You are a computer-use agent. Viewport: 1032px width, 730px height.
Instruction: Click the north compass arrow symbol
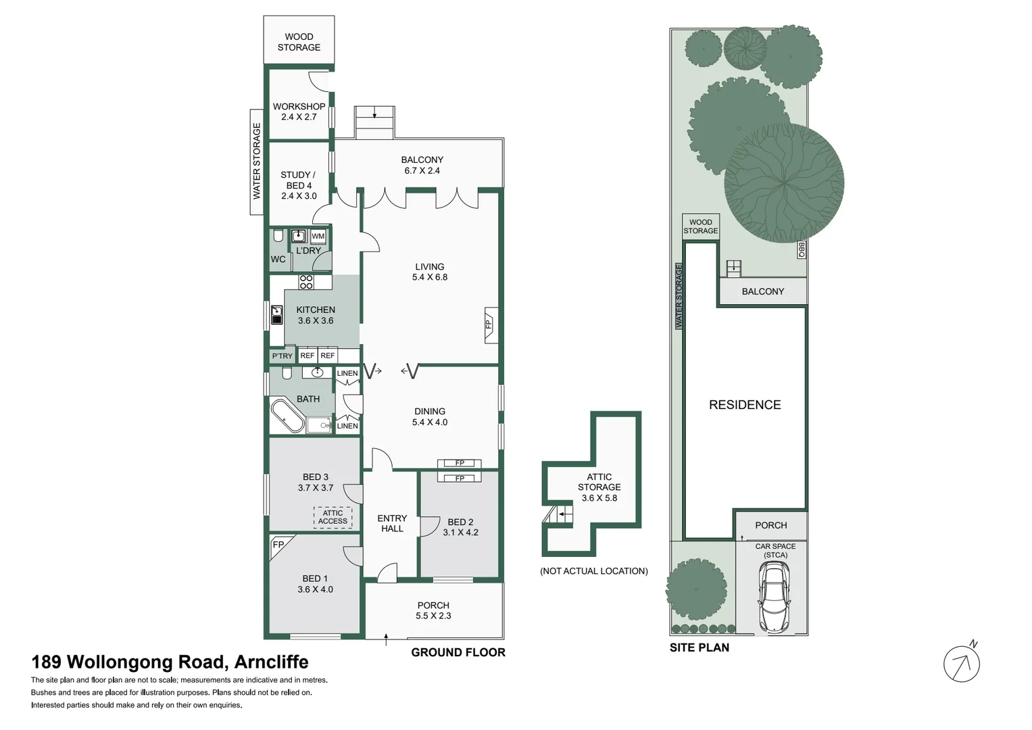(961, 664)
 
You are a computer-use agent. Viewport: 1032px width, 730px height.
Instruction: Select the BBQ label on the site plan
(802, 249)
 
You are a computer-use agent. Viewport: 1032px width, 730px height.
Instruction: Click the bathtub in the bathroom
(287, 416)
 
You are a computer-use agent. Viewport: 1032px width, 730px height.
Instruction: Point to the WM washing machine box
(318, 236)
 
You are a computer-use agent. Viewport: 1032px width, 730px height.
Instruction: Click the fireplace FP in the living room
(489, 324)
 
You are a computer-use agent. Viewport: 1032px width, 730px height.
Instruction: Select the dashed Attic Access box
(333, 517)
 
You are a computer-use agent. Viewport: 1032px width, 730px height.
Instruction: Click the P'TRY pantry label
(282, 356)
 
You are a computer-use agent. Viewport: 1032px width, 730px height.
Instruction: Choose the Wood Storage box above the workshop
(299, 41)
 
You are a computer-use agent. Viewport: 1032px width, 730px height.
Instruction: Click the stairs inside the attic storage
(558, 517)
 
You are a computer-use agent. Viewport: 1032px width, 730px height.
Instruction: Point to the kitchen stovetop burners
(306, 282)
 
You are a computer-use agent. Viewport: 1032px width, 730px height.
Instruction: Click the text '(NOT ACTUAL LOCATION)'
(593, 571)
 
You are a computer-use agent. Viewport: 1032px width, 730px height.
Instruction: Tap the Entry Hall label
(392, 523)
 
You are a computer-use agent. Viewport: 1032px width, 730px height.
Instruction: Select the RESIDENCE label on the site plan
(744, 405)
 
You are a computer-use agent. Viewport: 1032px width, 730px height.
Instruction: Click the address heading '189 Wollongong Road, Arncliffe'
(170, 662)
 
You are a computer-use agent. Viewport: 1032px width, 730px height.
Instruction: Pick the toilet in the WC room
(278, 237)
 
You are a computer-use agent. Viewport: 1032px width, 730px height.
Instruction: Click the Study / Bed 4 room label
(298, 185)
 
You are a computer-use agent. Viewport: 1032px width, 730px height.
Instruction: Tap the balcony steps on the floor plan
(374, 122)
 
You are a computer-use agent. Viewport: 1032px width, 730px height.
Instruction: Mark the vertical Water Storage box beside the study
(257, 162)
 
